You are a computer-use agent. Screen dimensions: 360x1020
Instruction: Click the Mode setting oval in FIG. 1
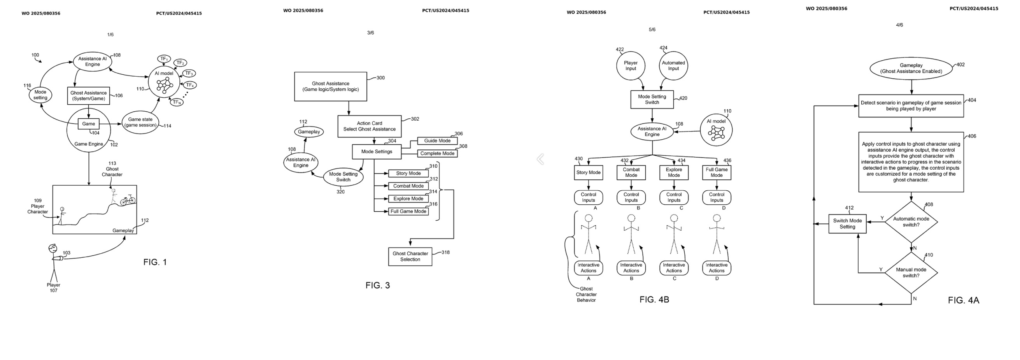coord(40,95)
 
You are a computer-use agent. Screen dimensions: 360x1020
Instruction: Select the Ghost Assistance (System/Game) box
coord(88,96)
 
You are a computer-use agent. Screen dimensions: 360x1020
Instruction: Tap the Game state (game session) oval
coord(140,122)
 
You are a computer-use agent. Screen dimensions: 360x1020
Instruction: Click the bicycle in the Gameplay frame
coord(128,200)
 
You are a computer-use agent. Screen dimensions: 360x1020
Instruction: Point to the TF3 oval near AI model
coord(189,73)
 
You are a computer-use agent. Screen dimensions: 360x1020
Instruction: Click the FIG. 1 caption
coord(155,262)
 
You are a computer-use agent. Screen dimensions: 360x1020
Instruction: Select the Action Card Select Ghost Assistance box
coord(369,126)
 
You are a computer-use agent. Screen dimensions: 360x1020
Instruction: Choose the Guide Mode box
coord(437,141)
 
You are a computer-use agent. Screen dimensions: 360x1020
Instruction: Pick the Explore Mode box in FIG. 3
coord(408,199)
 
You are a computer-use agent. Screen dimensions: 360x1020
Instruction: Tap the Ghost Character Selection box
coord(410,256)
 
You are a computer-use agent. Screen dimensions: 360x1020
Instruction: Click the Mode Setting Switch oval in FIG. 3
coord(343,177)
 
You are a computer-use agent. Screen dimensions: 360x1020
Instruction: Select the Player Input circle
coord(630,66)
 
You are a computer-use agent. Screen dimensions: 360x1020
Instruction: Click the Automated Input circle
coord(673,66)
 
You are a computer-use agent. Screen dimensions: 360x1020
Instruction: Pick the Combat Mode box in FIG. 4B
coord(631,173)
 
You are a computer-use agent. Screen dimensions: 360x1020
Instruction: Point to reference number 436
coord(727,160)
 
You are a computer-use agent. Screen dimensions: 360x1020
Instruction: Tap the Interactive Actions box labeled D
coord(716,268)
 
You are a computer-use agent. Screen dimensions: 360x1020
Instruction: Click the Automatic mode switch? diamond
coord(911,222)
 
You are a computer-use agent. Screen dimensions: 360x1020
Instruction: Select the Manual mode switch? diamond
coord(911,273)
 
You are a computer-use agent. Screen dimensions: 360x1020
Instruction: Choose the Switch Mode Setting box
coord(847,224)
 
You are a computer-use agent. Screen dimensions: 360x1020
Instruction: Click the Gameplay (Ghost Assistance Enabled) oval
coord(911,68)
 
